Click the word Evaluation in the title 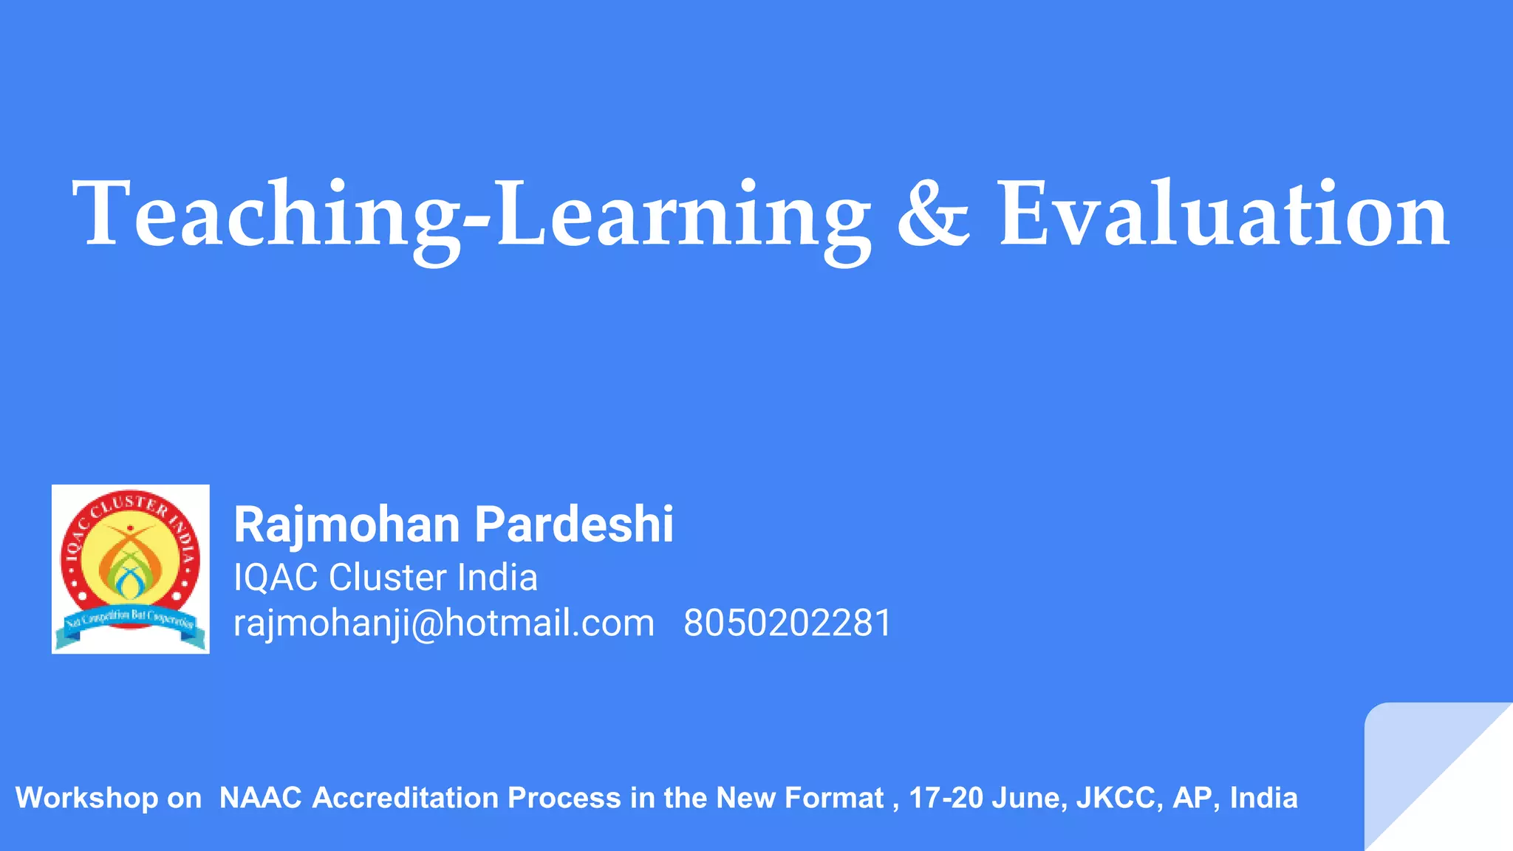point(1223,214)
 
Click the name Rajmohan point(347,524)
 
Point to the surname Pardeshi point(574,524)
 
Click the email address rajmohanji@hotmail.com point(444,623)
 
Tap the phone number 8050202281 point(788,623)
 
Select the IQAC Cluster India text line point(385,577)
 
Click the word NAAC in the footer point(261,799)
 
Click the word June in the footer point(1029,799)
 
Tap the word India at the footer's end point(1263,799)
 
